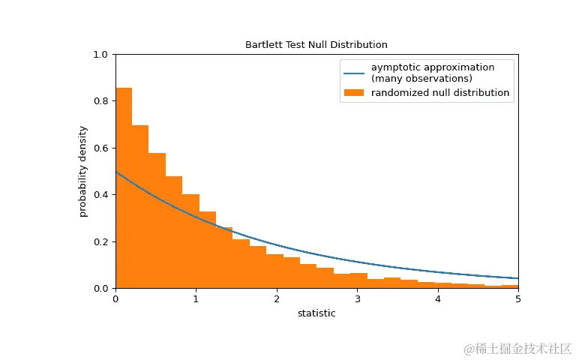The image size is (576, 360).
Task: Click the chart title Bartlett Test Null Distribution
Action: (316, 45)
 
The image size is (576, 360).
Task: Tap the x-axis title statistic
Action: (316, 313)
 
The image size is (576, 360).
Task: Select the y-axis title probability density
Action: (83, 171)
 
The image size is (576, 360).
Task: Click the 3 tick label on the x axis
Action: (357, 298)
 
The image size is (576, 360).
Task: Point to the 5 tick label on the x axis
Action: (517, 298)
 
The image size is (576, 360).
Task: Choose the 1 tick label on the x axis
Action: (196, 298)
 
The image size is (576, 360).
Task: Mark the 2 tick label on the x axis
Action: (277, 298)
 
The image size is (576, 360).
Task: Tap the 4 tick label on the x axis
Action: (437, 298)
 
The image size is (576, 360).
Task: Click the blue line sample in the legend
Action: (354, 73)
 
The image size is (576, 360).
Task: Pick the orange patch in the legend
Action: (354, 93)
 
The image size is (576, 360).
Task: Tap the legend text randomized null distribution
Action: (440, 93)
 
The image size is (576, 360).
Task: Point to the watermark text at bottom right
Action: (517, 349)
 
